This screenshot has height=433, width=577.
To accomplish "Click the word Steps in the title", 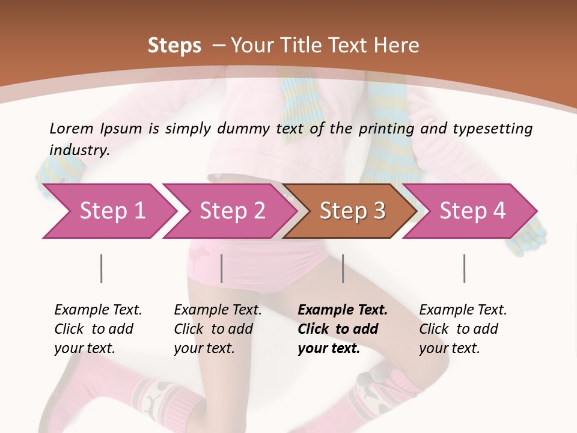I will pos(174,46).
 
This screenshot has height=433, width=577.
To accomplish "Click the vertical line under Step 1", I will pos(102,268).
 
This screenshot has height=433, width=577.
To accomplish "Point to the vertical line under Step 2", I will pos(222,268).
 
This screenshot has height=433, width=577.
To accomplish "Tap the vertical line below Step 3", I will pos(343,268).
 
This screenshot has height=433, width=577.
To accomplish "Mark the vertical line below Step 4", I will pos(465,268).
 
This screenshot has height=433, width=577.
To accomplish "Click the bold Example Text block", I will pos(343,329).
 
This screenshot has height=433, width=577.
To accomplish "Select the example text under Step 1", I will pos(98,329).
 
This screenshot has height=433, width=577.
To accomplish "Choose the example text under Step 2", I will pos(218,329).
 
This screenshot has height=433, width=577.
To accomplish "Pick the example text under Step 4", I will pos(463,329).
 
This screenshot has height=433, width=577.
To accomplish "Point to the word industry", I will pos(79,150).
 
